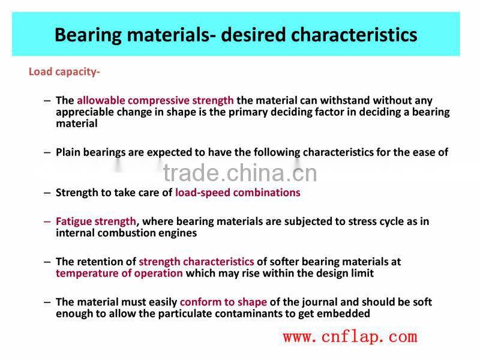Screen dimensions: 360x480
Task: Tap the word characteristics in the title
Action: pyautogui.click(x=355, y=34)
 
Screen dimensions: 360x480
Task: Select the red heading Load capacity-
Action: pyautogui.click(x=64, y=72)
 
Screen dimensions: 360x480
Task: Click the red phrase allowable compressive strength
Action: pyautogui.click(x=155, y=101)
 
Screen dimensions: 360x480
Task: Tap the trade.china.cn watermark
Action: pyautogui.click(x=240, y=173)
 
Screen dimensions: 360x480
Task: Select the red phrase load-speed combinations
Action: pyautogui.click(x=238, y=193)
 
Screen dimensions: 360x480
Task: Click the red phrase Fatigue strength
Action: pyautogui.click(x=96, y=221)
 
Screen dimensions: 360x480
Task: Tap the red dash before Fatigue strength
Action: pyautogui.click(x=47, y=221)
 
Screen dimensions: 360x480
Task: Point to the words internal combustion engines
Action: pyautogui.click(x=126, y=233)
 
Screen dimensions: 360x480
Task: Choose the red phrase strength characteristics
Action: pyautogui.click(x=196, y=262)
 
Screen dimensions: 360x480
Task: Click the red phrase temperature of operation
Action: pyautogui.click(x=119, y=273)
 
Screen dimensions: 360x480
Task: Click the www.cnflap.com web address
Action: pyautogui.click(x=350, y=337)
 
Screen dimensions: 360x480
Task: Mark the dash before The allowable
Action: pyautogui.click(x=47, y=101)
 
